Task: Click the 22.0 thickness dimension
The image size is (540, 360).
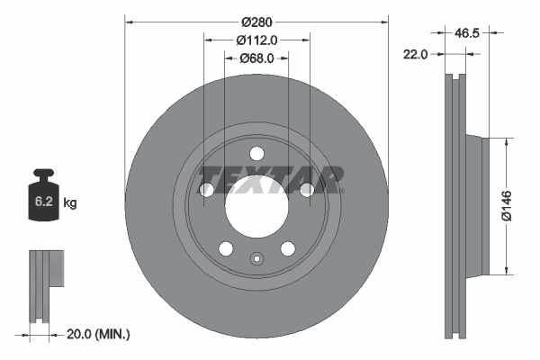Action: click(x=416, y=54)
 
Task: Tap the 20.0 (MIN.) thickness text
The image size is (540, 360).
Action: click(x=98, y=334)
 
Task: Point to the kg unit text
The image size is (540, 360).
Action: click(x=70, y=203)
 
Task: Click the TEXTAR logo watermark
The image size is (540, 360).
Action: click(x=270, y=179)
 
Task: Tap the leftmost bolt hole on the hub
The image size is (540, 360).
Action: click(x=206, y=189)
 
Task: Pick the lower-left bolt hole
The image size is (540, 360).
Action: click(x=225, y=247)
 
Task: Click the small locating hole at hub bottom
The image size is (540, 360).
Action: click(x=256, y=263)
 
